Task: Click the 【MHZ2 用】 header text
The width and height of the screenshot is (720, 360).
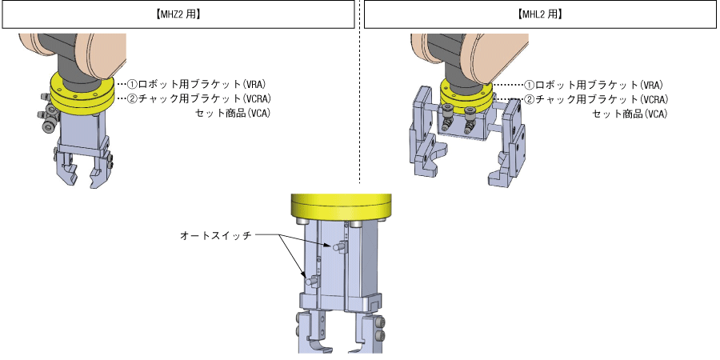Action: click(x=178, y=14)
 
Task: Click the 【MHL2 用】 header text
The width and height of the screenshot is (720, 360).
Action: click(x=540, y=14)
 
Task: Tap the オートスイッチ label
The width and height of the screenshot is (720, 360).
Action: click(x=216, y=235)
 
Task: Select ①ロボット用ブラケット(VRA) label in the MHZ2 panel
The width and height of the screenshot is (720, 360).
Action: click(x=196, y=85)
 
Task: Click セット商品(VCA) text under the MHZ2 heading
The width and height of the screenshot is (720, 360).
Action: click(x=233, y=113)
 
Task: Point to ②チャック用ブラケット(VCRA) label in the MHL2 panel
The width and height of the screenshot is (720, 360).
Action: click(x=595, y=98)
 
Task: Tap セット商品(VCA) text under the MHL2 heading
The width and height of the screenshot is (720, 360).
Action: click(x=630, y=114)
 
